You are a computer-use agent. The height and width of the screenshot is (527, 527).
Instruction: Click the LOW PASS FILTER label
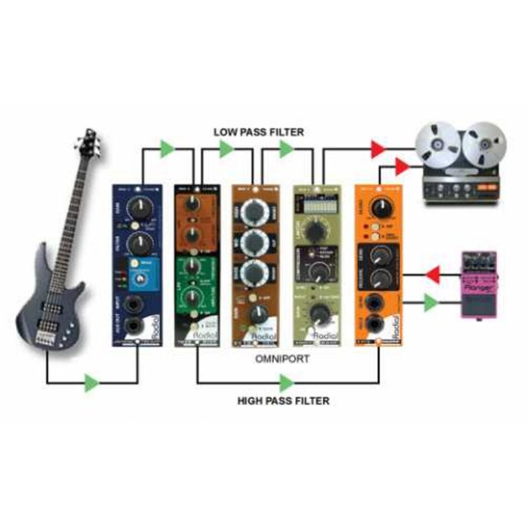(x=259, y=132)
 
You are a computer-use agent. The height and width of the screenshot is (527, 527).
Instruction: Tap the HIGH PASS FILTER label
(x=283, y=400)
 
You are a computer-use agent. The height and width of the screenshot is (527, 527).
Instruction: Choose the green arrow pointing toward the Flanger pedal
(x=431, y=303)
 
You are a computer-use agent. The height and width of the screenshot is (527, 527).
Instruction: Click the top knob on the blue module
(x=140, y=209)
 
